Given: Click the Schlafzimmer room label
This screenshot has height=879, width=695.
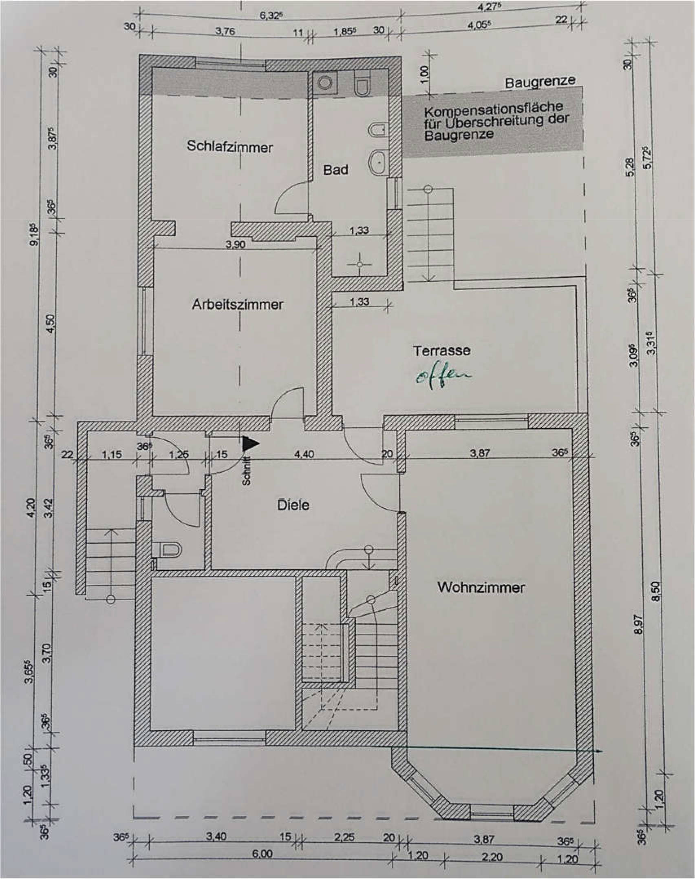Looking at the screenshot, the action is (x=229, y=146).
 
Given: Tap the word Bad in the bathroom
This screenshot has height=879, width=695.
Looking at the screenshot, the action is (x=335, y=169).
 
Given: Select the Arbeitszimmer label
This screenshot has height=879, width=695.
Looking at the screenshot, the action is (x=238, y=304).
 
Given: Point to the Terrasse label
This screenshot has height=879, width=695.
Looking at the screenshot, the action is (x=442, y=351).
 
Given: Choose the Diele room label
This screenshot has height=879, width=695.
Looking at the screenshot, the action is (x=293, y=505).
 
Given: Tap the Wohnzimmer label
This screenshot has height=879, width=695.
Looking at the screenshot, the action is (x=481, y=587).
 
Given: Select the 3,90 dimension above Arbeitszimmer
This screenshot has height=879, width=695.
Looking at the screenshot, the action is (x=236, y=244).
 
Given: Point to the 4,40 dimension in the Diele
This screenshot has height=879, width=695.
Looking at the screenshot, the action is (x=304, y=454).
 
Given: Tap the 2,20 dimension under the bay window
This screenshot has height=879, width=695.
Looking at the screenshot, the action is (x=492, y=855).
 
